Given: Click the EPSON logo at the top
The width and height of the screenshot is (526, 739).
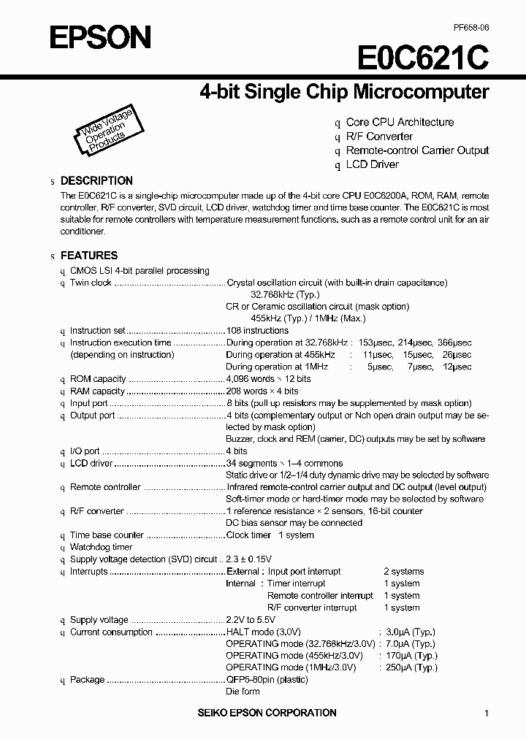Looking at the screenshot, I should point(100,37).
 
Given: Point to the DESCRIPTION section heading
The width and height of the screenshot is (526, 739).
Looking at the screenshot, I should point(96,180).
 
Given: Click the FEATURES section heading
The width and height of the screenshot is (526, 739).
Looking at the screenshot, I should point(88,256).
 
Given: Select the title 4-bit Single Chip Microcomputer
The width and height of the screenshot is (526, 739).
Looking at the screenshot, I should point(344,93).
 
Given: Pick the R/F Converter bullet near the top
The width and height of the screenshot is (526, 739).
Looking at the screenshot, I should point(379,137).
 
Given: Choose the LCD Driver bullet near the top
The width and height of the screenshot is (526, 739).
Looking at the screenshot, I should point(372,164).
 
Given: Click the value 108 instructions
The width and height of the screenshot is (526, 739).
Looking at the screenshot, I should point(257,331).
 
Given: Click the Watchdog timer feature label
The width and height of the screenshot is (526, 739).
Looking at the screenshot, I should point(101,547).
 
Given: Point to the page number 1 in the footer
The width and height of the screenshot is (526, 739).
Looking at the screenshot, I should point(486,713).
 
